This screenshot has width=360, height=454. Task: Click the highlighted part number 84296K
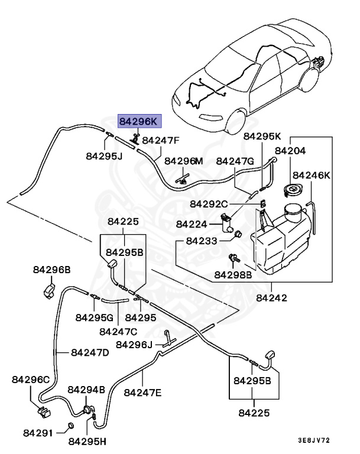139,122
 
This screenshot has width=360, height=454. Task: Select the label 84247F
161,141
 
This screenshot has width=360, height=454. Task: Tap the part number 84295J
104,156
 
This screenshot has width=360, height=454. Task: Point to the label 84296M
183,161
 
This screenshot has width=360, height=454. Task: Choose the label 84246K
312,175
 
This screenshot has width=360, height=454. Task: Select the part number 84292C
209,203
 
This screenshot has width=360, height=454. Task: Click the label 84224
192,224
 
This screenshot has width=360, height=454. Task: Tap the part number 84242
271,297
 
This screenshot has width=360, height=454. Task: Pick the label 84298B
233,275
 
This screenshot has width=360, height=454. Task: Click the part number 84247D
90,352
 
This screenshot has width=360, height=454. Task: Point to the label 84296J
134,344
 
